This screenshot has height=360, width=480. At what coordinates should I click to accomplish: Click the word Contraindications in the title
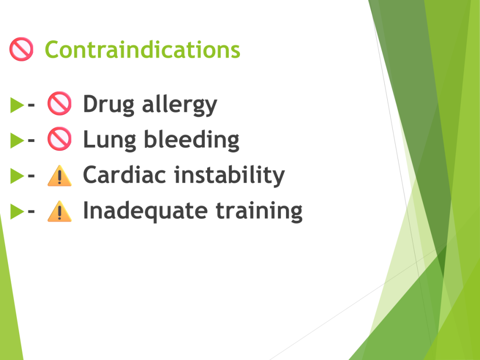142,50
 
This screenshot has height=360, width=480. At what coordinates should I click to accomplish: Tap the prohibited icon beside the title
22,49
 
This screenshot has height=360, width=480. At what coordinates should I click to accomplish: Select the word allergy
180,105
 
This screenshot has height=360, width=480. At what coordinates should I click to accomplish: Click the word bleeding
192,140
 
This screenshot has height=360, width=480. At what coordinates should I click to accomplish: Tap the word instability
230,175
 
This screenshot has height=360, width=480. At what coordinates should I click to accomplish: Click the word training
259,210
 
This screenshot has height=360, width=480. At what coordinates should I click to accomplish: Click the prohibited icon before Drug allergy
60,104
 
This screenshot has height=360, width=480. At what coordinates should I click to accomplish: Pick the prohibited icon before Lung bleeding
60,139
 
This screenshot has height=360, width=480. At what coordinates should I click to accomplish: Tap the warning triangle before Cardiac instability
60,175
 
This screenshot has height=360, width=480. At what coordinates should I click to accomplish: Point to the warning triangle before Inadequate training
60,211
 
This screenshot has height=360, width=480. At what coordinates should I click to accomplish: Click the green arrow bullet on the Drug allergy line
17,105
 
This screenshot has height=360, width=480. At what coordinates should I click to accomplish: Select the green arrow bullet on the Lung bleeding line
17,141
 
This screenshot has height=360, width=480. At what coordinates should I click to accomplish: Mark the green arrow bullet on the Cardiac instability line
17,176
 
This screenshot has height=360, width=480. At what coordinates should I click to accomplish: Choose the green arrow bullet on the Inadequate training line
17,211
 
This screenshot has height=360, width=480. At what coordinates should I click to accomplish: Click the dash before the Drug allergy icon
31,105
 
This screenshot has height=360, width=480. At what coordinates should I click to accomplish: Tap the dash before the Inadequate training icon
31,211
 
